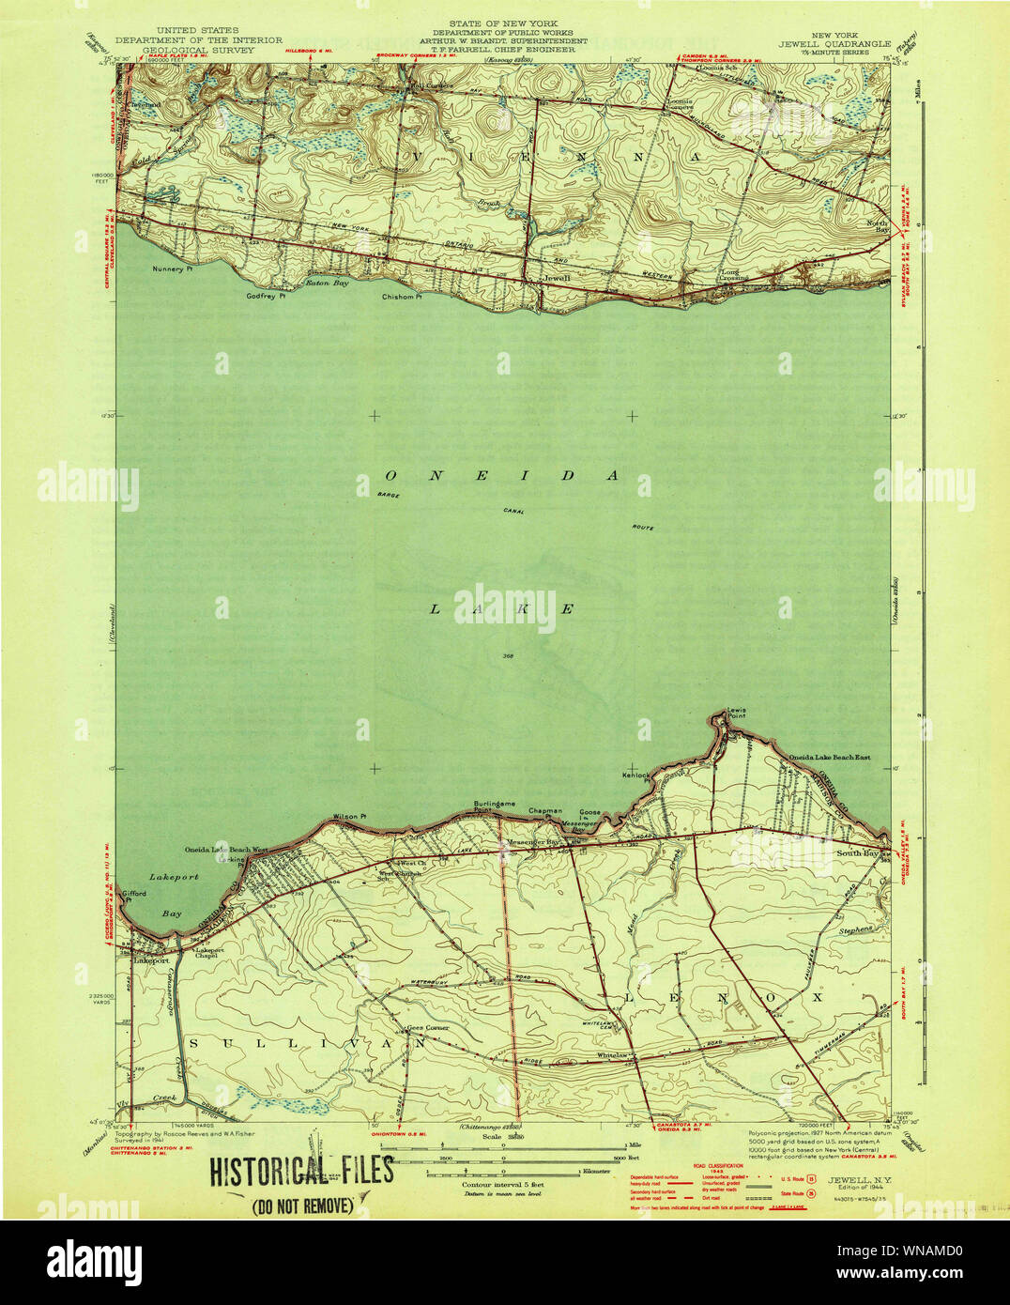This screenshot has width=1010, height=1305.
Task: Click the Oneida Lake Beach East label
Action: [x=829, y=757]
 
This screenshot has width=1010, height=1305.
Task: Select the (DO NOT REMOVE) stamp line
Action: [x=300, y=1205]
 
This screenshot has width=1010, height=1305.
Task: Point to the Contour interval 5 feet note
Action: [x=502, y=1185]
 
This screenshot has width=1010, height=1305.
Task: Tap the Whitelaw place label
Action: [x=611, y=1055]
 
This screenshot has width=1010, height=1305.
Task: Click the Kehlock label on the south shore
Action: [x=635, y=775]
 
